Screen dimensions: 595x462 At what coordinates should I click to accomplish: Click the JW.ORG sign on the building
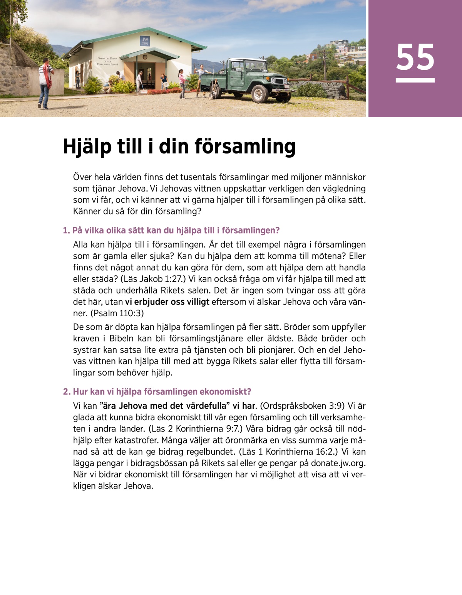(x=145, y=41)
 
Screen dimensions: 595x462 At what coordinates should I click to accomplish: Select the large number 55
(x=415, y=58)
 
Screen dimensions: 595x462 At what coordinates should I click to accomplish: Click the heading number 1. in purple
(x=66, y=231)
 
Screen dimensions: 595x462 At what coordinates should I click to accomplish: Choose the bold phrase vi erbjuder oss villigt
(x=167, y=302)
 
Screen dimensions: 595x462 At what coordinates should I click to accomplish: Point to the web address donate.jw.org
(x=337, y=463)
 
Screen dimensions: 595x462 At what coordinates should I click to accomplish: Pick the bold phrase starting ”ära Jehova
(x=177, y=406)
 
